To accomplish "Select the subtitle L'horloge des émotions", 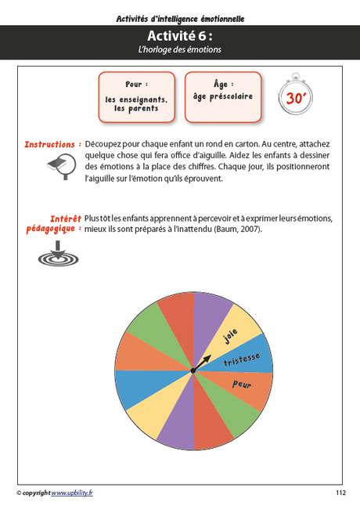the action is tap(179, 49).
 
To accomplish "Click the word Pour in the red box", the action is tap(136, 84).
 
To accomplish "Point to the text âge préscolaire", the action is tap(223, 97).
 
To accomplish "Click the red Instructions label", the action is tap(52, 145).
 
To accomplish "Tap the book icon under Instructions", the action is tap(56, 166).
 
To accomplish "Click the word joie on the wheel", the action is tap(230, 335).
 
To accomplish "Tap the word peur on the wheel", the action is tap(243, 384).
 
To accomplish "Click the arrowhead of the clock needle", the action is tap(209, 359).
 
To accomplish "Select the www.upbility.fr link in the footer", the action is tap(71, 493).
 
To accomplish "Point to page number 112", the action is tap(340, 493).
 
